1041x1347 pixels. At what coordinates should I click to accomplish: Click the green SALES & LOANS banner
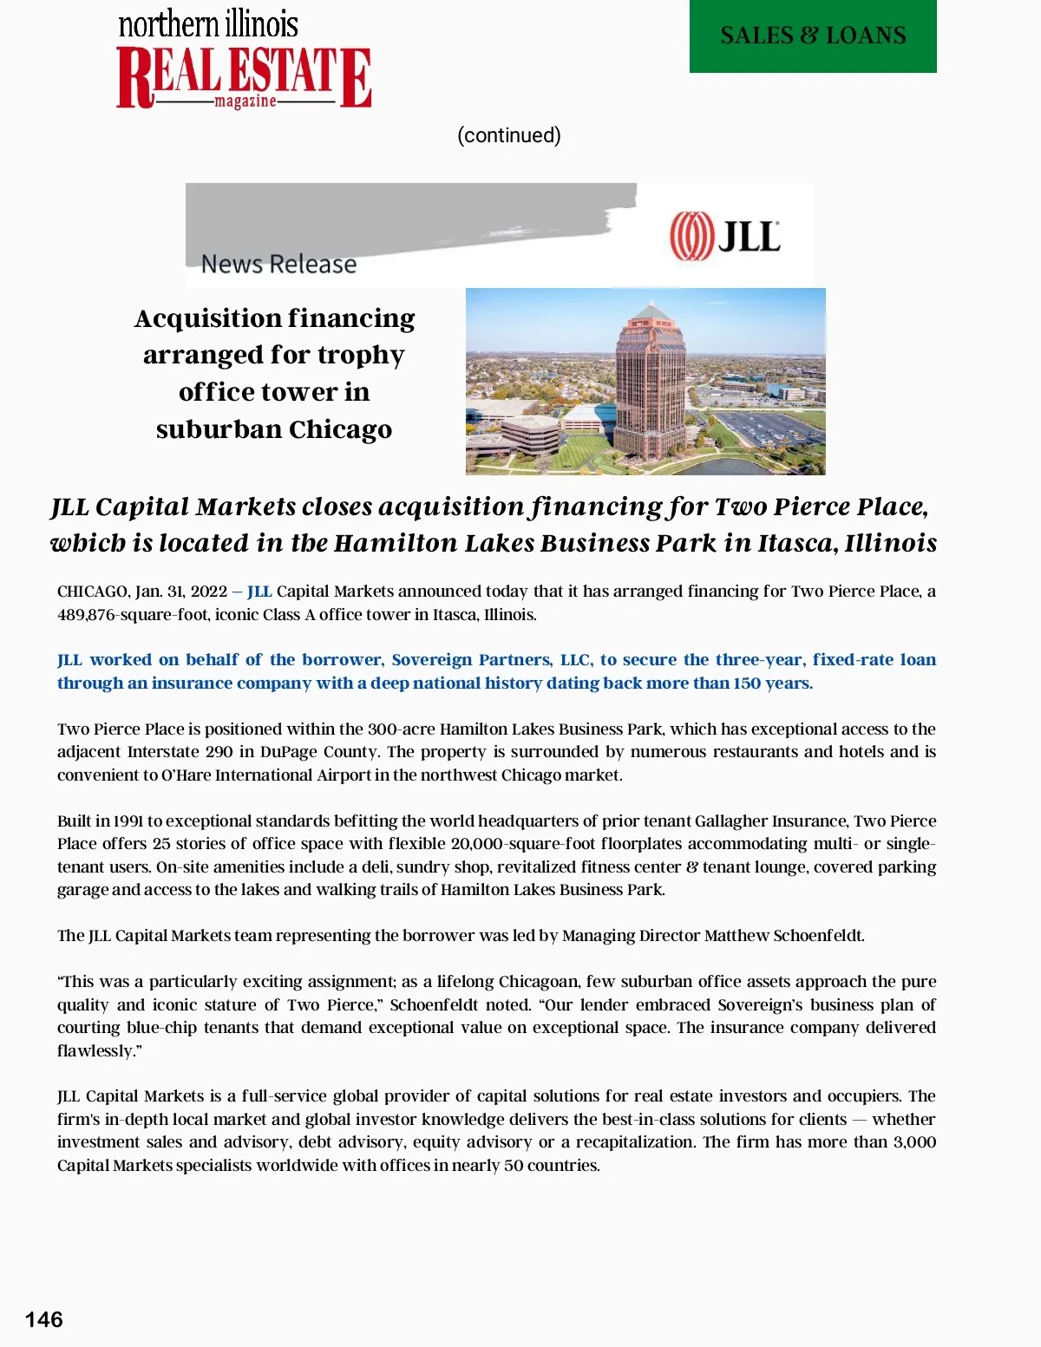pos(813,36)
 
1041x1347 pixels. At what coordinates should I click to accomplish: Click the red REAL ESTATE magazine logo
pos(244,77)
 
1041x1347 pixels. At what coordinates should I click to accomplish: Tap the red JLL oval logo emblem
pos(691,236)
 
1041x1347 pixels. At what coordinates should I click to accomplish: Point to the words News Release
pos(278,264)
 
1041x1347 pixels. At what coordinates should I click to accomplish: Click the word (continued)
pos(509,135)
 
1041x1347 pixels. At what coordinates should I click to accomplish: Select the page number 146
pos(43,1319)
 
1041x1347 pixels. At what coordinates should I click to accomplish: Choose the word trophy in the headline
pos(361,356)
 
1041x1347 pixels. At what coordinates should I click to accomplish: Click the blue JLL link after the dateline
pos(259,592)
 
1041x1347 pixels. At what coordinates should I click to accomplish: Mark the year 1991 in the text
pos(128,821)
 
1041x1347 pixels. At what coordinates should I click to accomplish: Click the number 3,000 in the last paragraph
pos(914,1142)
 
